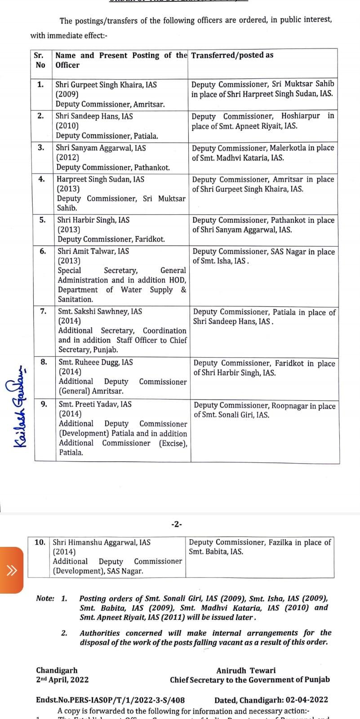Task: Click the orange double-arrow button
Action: [11, 571]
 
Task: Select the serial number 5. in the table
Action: [42, 220]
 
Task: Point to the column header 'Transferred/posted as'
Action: [232, 55]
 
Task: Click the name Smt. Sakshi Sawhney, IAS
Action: [100, 311]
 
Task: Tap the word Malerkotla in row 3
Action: [288, 148]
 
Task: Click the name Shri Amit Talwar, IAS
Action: [93, 251]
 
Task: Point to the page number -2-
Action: [177, 524]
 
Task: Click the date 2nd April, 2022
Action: [62, 680]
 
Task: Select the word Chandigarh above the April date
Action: [57, 670]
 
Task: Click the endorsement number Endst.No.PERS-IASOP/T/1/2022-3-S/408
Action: [110, 700]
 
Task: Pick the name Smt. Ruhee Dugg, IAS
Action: [96, 362]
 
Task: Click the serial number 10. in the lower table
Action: [40, 542]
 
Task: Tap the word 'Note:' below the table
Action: [45, 599]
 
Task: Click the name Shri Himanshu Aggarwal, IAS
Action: [102, 542]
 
